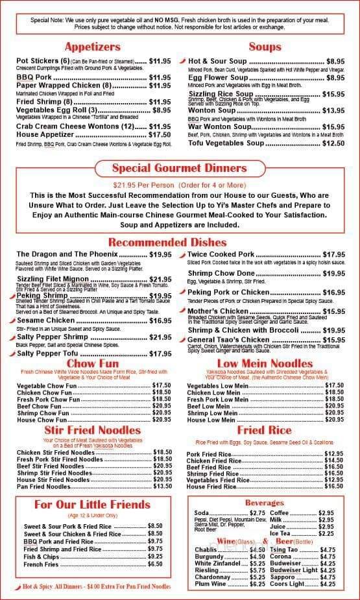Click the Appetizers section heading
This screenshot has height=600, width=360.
click(x=91, y=47)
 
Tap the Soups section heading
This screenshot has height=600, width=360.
click(x=265, y=47)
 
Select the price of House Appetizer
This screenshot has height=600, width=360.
click(x=160, y=135)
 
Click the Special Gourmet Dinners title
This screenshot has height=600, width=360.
click(x=180, y=169)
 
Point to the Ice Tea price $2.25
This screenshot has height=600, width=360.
click(x=326, y=534)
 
